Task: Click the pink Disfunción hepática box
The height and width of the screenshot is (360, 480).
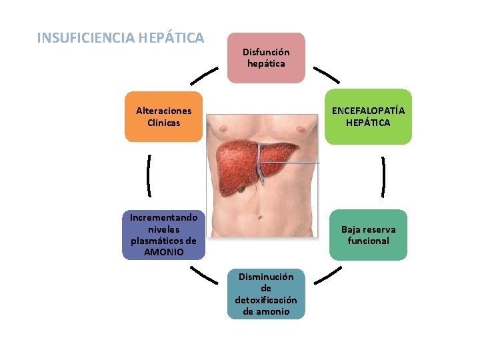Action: pyautogui.click(x=266, y=58)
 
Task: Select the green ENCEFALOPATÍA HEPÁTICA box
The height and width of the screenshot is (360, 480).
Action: pyautogui.click(x=368, y=117)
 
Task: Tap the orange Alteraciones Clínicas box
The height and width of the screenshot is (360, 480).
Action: pyautogui.click(x=163, y=117)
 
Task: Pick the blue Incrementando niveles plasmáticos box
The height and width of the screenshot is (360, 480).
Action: pyautogui.click(x=164, y=235)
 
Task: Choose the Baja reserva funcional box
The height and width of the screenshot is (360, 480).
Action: pyautogui.click(x=368, y=235)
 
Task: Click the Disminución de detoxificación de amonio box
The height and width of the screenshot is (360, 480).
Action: pyautogui.click(x=266, y=294)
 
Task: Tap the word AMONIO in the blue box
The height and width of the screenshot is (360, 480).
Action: pyautogui.click(x=164, y=253)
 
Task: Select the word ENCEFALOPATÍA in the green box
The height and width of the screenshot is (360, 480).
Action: pyautogui.click(x=368, y=111)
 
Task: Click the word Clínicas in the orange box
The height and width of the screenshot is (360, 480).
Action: pyautogui.click(x=163, y=123)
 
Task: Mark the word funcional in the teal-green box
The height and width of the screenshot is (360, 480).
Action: pyautogui.click(x=368, y=241)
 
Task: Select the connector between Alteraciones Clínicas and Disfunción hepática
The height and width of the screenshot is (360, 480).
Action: pyautogui.click(x=204, y=75)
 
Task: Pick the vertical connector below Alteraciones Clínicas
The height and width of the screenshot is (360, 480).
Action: pyautogui.click(x=148, y=175)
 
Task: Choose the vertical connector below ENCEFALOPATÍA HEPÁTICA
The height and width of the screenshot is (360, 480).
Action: pyautogui.click(x=383, y=177)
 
